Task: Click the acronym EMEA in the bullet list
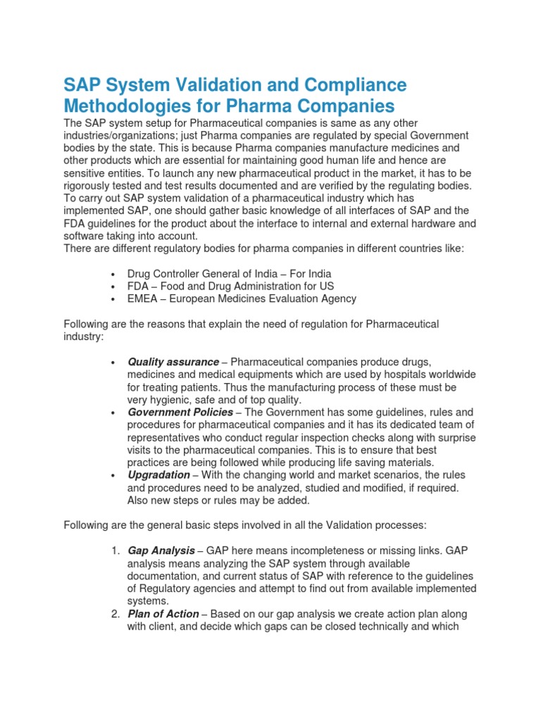point(142,299)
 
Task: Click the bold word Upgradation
point(159,475)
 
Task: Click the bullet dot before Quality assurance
point(113,363)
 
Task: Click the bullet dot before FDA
point(113,287)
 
